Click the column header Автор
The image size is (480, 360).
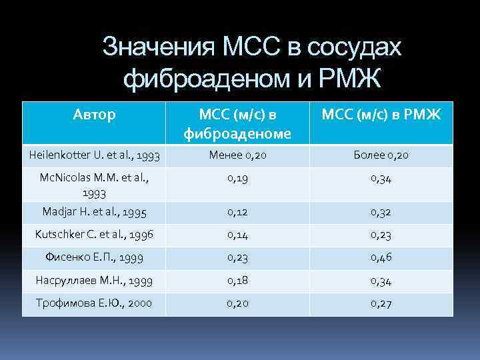[x=94, y=115]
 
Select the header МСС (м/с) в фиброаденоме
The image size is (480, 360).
[x=237, y=124]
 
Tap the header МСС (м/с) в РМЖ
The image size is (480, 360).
[x=381, y=115]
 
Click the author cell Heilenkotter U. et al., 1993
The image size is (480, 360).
[x=94, y=155]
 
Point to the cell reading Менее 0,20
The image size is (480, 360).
[x=237, y=155]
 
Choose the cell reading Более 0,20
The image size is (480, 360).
[x=382, y=155]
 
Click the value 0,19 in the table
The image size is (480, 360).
[x=237, y=178]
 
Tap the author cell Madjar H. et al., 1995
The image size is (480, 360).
[x=94, y=211]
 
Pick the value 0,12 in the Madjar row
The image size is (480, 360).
[x=237, y=212]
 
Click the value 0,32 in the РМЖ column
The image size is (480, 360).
[x=382, y=212]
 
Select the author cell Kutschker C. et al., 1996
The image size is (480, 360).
[x=94, y=235]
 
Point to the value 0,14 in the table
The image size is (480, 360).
[x=237, y=235]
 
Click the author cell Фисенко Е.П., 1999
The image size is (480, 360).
[x=94, y=257]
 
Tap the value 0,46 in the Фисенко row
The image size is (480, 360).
[x=382, y=257]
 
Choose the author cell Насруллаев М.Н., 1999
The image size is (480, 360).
[x=94, y=280]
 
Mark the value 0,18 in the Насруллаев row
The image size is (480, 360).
[x=237, y=280]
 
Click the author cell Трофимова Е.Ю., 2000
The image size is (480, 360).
[x=94, y=303]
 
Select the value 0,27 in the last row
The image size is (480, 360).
[x=382, y=303]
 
